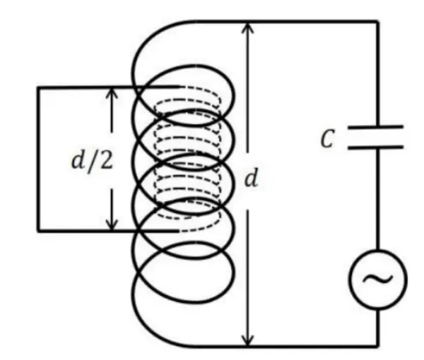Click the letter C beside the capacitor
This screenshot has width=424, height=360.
[327, 139]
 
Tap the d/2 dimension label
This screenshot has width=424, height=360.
[91, 161]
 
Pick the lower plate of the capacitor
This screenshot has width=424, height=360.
[375, 147]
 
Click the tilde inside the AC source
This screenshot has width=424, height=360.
[378, 279]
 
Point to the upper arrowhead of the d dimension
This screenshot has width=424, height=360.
[248, 28]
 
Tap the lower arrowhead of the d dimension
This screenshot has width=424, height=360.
[248, 339]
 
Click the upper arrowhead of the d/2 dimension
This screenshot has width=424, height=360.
[112, 93]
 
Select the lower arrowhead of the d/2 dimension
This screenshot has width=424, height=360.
[112, 223]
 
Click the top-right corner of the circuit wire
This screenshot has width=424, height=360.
[378, 21]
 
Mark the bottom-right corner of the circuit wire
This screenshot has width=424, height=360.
[378, 346]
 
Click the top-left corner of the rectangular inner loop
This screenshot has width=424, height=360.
[38, 87]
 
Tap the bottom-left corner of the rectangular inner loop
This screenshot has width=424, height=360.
[38, 230]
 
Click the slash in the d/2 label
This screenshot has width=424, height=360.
[91, 162]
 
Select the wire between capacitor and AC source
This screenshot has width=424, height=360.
[378, 198]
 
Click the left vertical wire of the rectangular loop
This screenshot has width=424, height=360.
[38, 158]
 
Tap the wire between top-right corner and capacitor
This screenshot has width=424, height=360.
[378, 74]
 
